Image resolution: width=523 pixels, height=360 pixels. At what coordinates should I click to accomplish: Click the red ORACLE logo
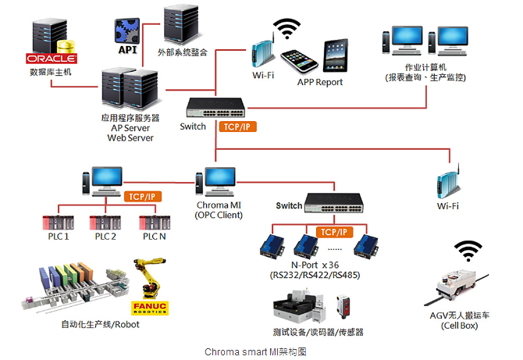pyautogui.click(x=52, y=59)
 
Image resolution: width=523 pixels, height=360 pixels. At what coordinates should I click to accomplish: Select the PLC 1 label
pyautogui.click(x=59, y=237)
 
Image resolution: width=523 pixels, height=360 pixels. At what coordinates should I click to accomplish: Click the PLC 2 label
pyautogui.click(x=105, y=237)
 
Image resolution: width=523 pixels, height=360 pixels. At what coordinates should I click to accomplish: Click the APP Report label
pyautogui.click(x=319, y=81)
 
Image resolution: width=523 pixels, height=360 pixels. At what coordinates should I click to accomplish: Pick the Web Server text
pyautogui.click(x=130, y=137)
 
